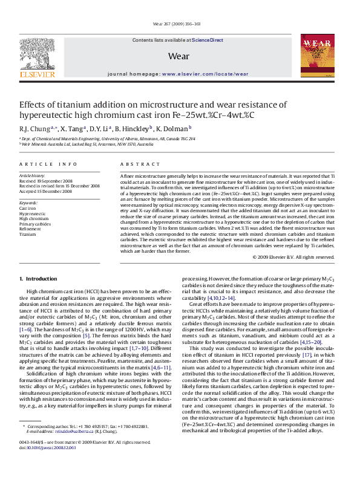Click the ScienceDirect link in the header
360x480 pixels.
[208, 40]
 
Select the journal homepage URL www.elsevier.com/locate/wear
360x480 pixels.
[205, 73]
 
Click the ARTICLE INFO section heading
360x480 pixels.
[48, 164]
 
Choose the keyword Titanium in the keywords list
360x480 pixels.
[28, 234]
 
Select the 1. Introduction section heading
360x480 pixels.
[38, 279]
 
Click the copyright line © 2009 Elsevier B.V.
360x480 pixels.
[293, 257]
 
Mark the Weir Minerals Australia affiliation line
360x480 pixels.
[87, 144]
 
